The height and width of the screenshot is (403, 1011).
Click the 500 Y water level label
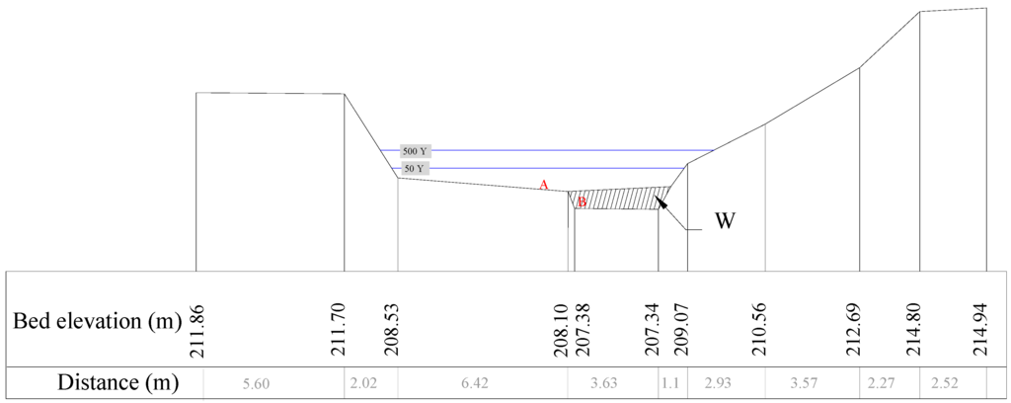[416, 151]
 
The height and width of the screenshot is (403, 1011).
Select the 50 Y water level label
[414, 169]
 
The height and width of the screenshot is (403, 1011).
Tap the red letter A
[542, 185]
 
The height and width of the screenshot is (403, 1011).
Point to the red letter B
[582, 202]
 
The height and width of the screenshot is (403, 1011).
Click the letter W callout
[725, 220]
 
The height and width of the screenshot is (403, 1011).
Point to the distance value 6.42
[482, 383]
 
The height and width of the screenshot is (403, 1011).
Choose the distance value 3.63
[612, 383]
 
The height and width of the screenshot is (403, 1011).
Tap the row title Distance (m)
[105, 382]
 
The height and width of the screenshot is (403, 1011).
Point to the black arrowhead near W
[661, 202]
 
